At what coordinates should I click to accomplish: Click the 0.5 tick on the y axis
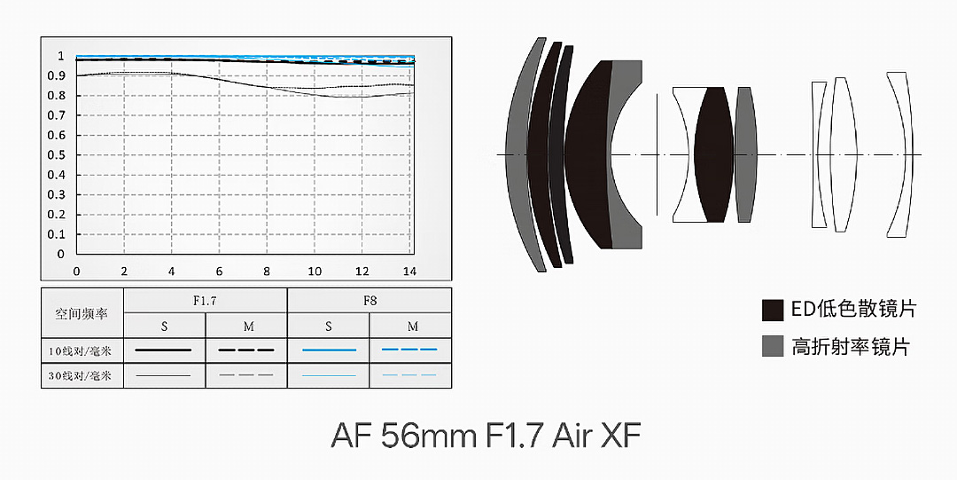pyautogui.click(x=56, y=154)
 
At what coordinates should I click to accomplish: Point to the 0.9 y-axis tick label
pyautogui.click(x=56, y=75)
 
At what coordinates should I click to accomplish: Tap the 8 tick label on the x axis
pyautogui.click(x=267, y=271)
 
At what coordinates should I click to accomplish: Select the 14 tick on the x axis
pyautogui.click(x=409, y=271)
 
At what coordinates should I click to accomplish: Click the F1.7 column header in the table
pyautogui.click(x=205, y=300)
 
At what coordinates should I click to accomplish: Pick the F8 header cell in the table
pyautogui.click(x=370, y=300)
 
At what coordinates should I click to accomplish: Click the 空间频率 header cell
pyautogui.click(x=82, y=314)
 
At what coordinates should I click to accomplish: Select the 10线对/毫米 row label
pyautogui.click(x=81, y=351)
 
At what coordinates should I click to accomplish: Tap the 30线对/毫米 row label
pyautogui.click(x=81, y=375)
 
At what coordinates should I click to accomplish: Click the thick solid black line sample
pyautogui.click(x=163, y=350)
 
